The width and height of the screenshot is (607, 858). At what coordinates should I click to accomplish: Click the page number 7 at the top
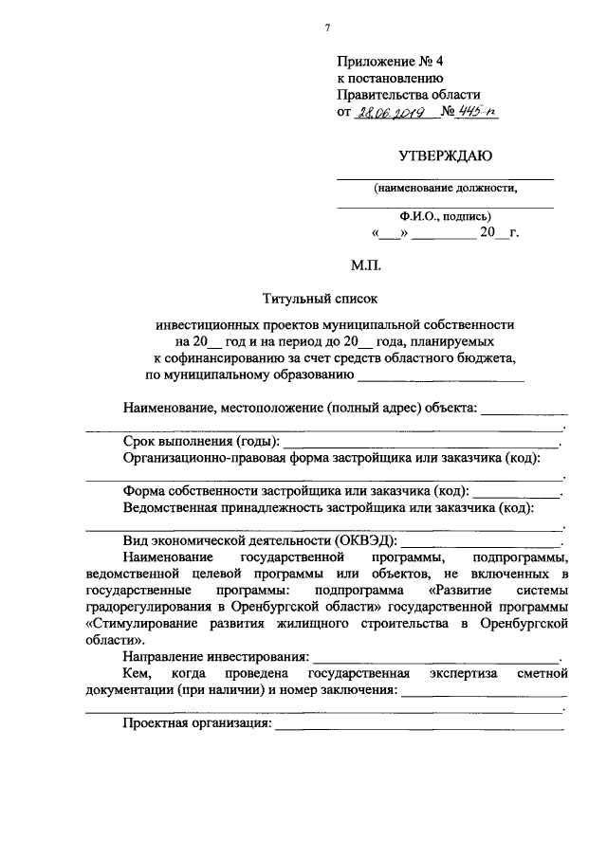click(327, 27)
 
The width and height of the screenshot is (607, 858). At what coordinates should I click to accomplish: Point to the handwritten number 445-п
click(478, 112)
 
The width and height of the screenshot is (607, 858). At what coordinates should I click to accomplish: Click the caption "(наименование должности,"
click(445, 188)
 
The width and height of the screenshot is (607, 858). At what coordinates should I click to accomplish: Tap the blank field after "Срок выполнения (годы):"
click(423, 443)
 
